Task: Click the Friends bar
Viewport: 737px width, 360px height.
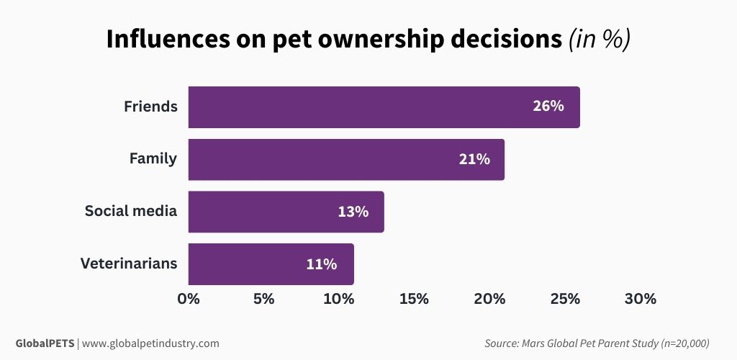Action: click(384, 107)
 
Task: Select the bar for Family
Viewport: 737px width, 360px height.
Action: click(346, 159)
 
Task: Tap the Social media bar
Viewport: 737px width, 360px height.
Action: click(286, 212)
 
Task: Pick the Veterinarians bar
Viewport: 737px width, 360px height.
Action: click(271, 264)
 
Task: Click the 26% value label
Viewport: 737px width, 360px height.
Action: click(548, 107)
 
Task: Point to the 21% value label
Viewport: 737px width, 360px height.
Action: click(474, 159)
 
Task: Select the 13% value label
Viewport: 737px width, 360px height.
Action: click(353, 212)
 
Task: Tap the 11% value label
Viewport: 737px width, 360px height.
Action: click(321, 264)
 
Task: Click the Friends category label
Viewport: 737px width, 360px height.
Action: click(150, 107)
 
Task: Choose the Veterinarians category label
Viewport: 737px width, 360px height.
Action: click(129, 264)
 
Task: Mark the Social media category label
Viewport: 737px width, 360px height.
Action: click(131, 211)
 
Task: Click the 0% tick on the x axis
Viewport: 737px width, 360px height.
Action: click(189, 299)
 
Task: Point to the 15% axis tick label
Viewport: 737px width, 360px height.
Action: click(414, 299)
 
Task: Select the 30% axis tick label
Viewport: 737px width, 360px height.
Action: click(640, 299)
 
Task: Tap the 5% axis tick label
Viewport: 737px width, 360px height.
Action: click(263, 299)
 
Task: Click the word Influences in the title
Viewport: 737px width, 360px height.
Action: click(171, 40)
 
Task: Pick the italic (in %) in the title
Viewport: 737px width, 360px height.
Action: click(600, 40)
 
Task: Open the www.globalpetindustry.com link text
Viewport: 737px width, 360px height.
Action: click(150, 343)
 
